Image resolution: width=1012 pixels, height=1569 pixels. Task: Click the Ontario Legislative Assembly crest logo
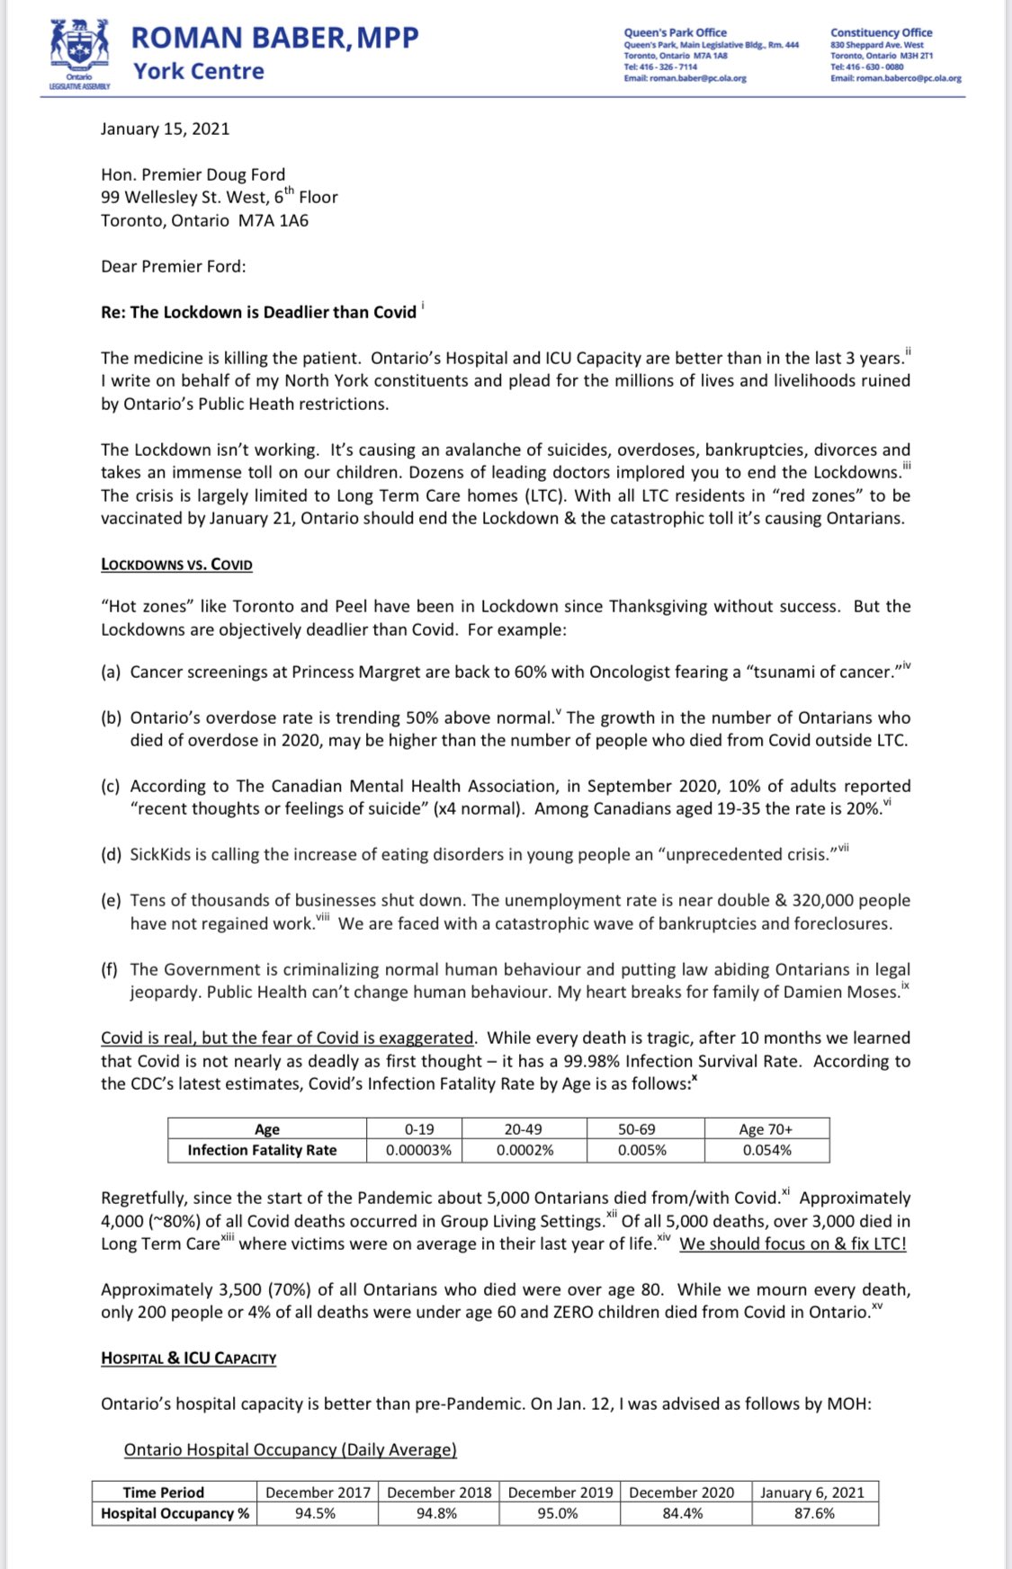(80, 49)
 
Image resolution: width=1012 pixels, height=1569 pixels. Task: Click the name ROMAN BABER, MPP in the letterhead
(274, 38)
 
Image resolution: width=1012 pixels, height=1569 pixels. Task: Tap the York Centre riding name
(199, 71)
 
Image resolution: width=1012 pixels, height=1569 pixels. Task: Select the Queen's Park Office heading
(675, 32)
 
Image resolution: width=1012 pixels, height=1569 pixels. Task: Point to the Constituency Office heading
(881, 32)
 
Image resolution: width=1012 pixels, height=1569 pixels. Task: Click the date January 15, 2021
(165, 129)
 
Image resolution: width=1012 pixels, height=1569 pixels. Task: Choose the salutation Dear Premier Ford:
(173, 266)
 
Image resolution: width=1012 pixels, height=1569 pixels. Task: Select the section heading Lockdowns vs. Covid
(176, 565)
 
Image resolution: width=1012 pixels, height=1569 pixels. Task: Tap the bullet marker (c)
(111, 786)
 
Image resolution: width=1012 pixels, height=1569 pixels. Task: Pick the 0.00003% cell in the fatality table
(418, 1150)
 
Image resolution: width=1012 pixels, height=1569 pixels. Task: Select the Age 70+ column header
(766, 1129)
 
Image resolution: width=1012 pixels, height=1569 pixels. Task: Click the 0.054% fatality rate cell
(766, 1150)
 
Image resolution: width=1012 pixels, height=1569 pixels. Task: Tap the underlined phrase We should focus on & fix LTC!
(793, 1244)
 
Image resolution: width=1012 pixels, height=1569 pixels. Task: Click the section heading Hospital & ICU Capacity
(188, 1358)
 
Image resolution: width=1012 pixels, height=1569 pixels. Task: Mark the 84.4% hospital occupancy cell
(681, 1513)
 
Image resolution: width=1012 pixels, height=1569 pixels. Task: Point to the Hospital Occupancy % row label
(175, 1513)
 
